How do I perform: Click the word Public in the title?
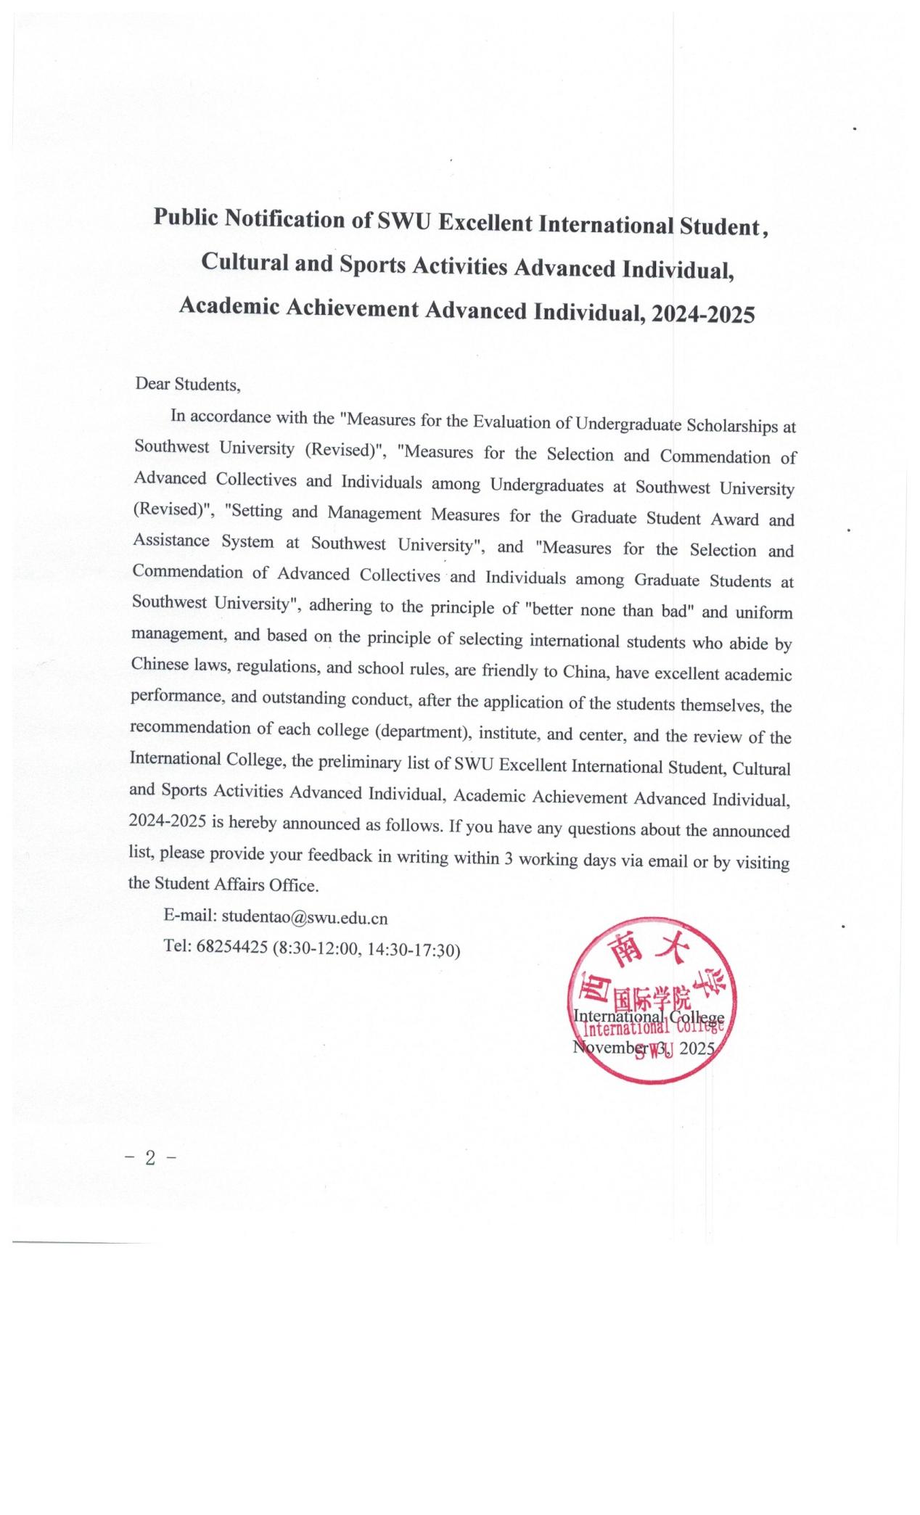[186, 218]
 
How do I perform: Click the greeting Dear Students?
[187, 384]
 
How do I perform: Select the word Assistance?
[171, 541]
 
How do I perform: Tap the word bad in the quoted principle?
[676, 611]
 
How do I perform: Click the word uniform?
[764, 613]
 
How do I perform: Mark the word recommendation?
[191, 727]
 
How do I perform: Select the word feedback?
[340, 855]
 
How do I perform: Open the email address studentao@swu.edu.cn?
[304, 918]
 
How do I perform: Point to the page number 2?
[150, 1158]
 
